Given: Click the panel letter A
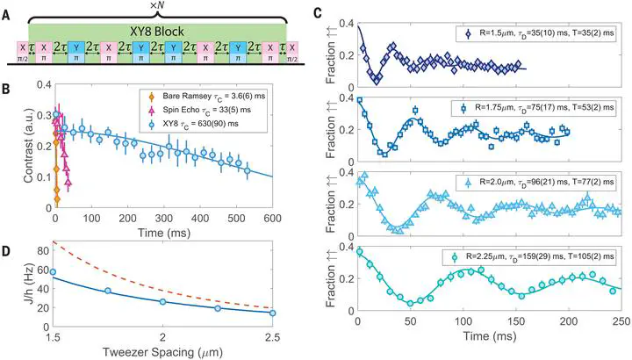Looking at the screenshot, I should (8, 8).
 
